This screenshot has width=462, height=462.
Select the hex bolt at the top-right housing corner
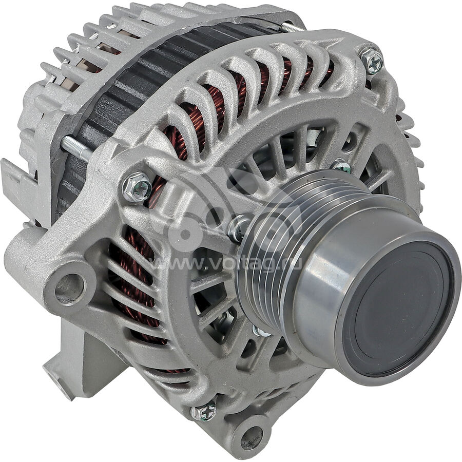372,61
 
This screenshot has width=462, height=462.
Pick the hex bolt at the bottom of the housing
203,411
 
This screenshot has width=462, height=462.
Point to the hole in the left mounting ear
71,285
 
